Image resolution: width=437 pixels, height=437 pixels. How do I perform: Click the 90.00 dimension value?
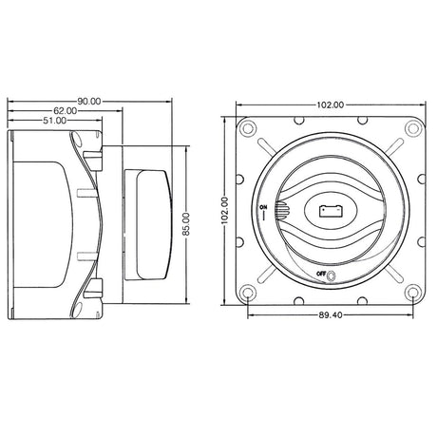coord(89,102)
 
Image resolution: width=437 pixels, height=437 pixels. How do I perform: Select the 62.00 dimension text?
coord(66,111)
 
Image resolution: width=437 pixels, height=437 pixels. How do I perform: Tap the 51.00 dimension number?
coord(55,121)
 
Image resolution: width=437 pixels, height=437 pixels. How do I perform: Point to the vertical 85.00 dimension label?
coord(186,224)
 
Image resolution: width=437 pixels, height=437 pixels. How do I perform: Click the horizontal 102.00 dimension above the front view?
coord(331,104)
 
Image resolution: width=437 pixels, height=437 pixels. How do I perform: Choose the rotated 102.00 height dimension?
coord(224,211)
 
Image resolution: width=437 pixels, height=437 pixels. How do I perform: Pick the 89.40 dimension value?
coord(331,315)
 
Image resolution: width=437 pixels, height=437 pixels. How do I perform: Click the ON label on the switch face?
coord(263,207)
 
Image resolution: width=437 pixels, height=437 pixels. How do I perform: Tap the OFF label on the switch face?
coord(321,274)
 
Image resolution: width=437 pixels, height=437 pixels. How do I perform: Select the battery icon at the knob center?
coord(332,211)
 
